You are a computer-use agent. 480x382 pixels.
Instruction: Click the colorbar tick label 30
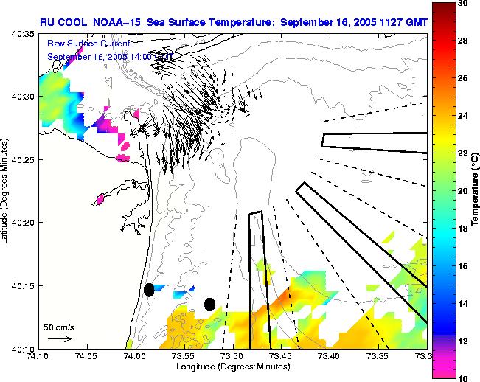[x=462, y=4]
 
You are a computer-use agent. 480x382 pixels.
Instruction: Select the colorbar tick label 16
[x=462, y=266]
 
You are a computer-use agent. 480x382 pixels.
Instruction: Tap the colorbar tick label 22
[x=462, y=153]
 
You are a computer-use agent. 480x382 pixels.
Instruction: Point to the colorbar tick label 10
[x=462, y=378]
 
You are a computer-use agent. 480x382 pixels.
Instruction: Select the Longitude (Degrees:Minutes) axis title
[x=232, y=367]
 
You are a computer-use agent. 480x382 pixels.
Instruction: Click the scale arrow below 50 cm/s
[x=59, y=338]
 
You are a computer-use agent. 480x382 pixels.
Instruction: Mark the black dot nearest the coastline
[x=149, y=290]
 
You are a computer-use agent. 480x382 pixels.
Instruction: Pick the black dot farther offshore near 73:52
[x=209, y=304]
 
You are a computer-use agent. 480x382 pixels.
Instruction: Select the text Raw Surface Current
[x=83, y=44]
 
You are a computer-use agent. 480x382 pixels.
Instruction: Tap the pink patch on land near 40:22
[x=100, y=198]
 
